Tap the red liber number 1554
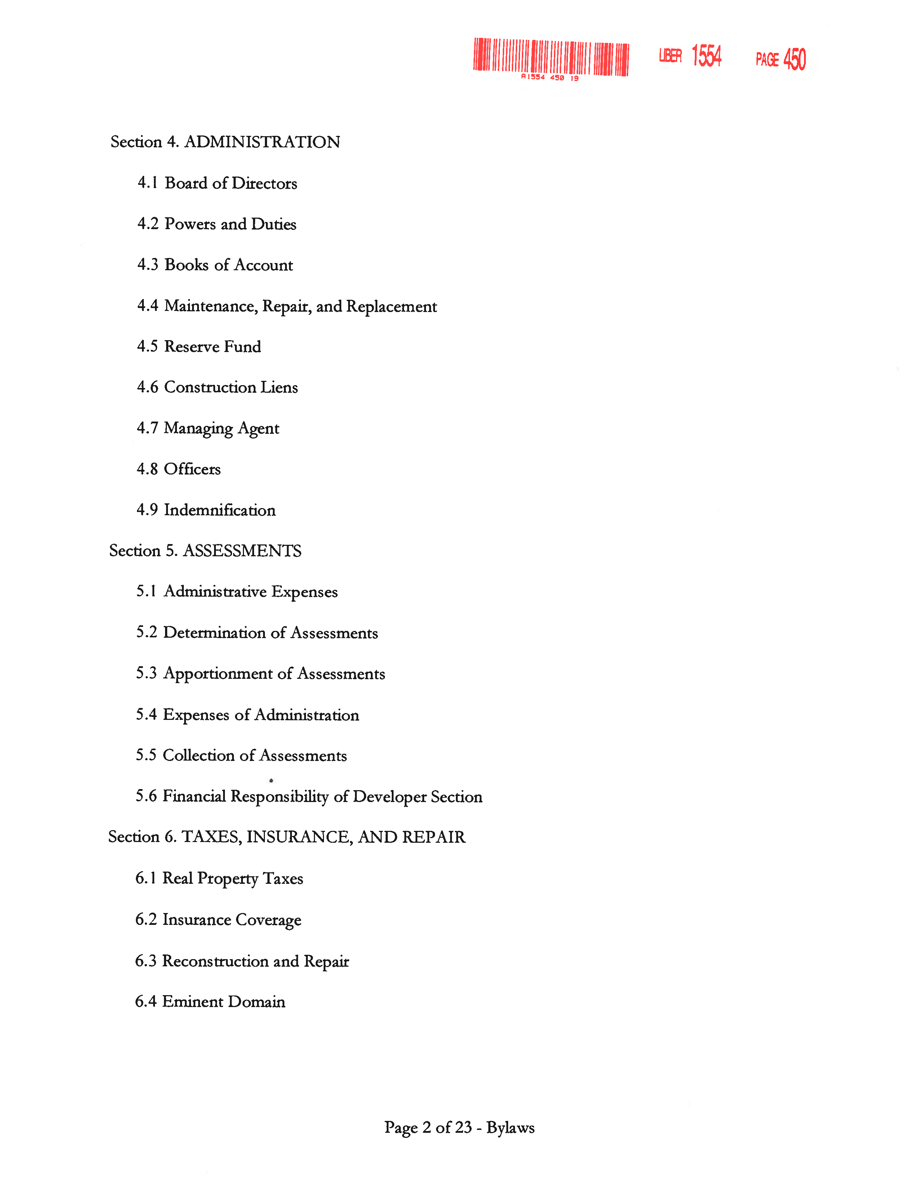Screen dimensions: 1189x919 click(x=706, y=56)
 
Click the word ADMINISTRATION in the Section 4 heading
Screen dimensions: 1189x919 click(x=262, y=142)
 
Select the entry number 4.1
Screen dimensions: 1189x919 click(x=147, y=183)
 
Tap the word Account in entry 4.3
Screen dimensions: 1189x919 click(x=263, y=265)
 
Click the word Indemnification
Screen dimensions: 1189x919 click(x=219, y=510)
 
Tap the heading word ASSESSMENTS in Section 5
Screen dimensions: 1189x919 click(x=242, y=551)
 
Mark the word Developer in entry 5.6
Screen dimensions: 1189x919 click(x=389, y=797)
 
